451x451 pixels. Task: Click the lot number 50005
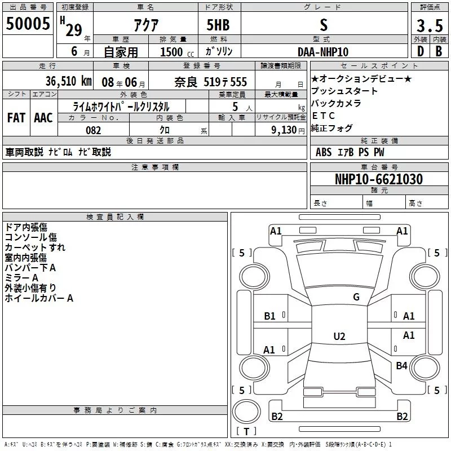tap(28, 24)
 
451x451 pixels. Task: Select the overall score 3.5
tap(430, 25)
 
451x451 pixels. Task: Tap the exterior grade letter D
tap(421, 51)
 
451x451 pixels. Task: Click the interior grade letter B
tap(439, 51)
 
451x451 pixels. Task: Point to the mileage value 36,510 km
tap(68, 81)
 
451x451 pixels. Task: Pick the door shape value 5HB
tap(218, 25)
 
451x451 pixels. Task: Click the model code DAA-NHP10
tap(323, 52)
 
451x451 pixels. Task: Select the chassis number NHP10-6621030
tap(379, 179)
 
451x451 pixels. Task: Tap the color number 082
tap(93, 130)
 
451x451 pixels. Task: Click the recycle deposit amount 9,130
tap(284, 130)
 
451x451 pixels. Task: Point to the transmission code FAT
tap(16, 118)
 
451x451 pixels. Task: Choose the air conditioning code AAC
tap(43, 118)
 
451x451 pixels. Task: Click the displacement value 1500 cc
tap(177, 52)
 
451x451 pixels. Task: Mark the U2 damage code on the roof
tap(339, 336)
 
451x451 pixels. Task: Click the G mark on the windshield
tap(356, 297)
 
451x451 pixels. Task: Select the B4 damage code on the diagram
tap(401, 366)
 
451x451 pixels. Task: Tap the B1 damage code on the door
tap(269, 316)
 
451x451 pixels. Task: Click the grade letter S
tap(324, 25)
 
